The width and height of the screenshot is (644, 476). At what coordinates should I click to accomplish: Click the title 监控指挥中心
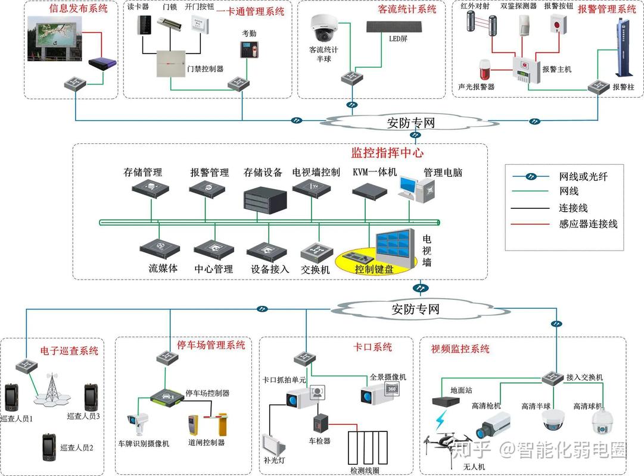coord(387,153)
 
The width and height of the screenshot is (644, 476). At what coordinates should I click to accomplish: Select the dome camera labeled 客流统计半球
coord(324,27)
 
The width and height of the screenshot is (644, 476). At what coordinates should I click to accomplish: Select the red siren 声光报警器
coord(484,70)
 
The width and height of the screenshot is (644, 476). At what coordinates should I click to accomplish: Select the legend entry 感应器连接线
coord(589,224)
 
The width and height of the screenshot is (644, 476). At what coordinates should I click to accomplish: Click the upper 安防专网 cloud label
coord(411,123)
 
